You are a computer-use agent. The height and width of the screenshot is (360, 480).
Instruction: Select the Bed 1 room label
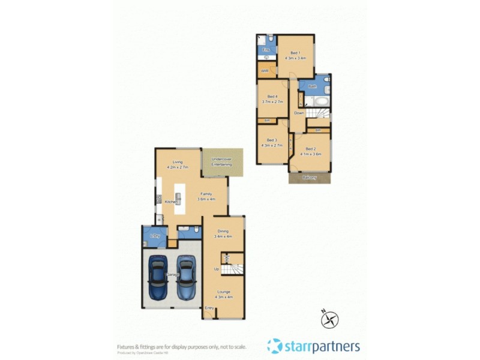(x=295, y=52)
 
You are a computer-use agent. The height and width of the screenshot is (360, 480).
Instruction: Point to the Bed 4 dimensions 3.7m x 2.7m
(x=272, y=102)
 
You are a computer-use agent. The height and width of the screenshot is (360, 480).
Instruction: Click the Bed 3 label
(x=272, y=140)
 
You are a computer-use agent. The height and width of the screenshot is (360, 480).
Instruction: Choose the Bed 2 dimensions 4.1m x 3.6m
(x=310, y=154)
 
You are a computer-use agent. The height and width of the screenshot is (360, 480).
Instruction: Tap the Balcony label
(x=310, y=177)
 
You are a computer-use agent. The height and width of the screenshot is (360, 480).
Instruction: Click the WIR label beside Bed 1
(x=265, y=71)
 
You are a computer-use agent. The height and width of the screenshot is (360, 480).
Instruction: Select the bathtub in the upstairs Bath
(x=322, y=101)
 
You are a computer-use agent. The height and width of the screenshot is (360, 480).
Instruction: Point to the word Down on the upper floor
(x=299, y=113)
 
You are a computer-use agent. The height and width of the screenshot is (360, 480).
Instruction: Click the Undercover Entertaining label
(x=222, y=161)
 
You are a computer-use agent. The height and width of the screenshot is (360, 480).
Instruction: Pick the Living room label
(x=178, y=161)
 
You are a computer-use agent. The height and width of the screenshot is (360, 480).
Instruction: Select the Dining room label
(x=223, y=231)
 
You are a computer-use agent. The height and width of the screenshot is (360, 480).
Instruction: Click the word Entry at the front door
(x=209, y=308)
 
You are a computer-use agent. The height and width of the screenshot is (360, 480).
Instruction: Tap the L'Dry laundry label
(x=155, y=236)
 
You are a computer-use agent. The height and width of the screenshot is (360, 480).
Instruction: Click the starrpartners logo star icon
(x=274, y=346)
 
